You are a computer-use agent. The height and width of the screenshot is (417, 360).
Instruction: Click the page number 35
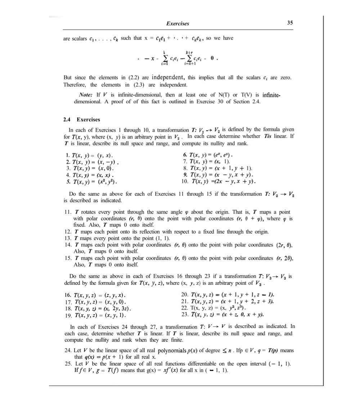point(291,23)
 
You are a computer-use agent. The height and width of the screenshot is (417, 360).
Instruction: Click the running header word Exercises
point(178,23)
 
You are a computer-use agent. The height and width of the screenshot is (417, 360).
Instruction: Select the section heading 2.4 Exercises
point(81,119)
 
